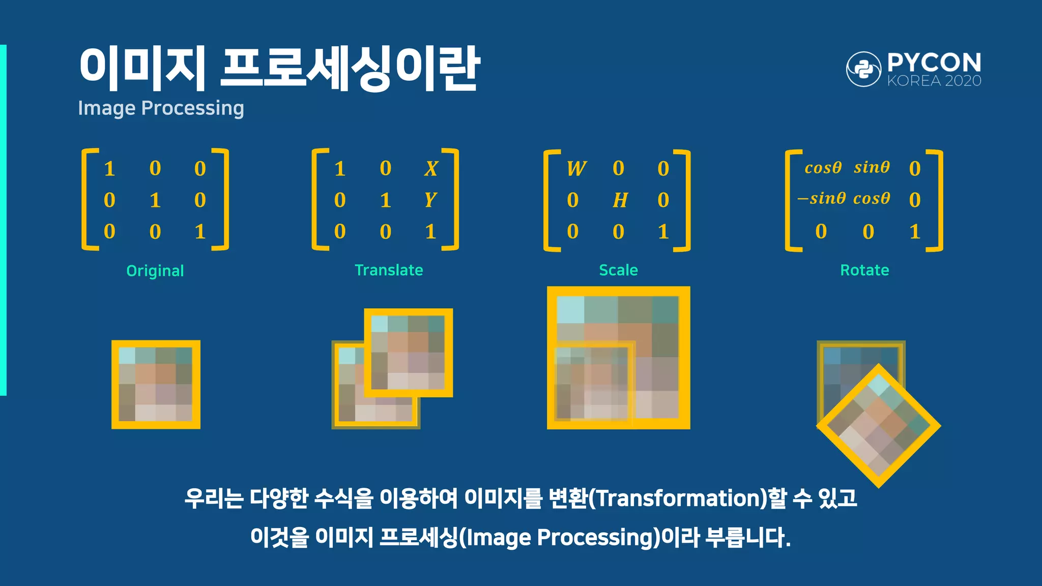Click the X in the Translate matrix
pos(431,168)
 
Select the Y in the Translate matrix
pos(430,200)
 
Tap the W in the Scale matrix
pos(576,168)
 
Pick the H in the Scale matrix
pos(620,200)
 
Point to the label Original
pos(155,271)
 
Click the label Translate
pos(389,270)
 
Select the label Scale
pos(618,270)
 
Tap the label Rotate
pos(864,270)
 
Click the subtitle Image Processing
pos(161,108)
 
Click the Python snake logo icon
pos(863,69)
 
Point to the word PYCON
pos(934,63)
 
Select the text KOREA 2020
pos(934,81)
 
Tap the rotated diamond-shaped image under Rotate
pos(879,426)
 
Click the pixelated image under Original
pos(156,385)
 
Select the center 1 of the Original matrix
pos(155,200)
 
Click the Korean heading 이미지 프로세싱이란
pos(279,69)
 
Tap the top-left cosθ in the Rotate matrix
pos(823,168)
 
